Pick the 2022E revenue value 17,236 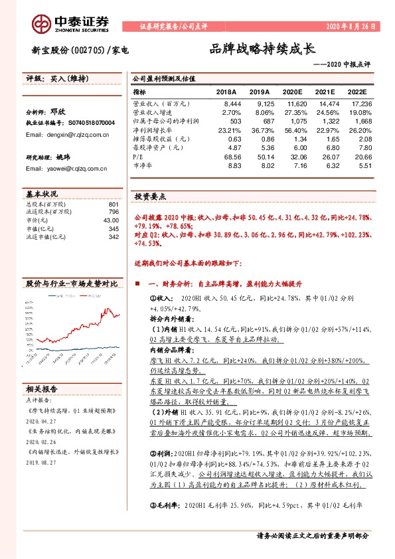360,104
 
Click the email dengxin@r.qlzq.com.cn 67,134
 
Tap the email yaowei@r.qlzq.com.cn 66,169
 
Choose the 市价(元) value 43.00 110,220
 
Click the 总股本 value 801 113,204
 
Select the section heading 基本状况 42,194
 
